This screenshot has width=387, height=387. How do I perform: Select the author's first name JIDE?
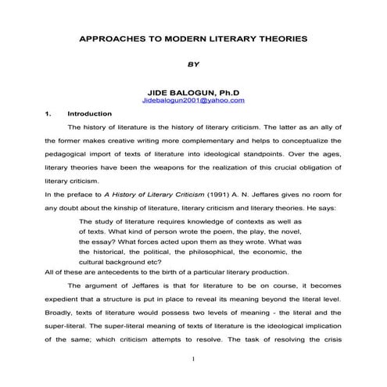click(x=149, y=93)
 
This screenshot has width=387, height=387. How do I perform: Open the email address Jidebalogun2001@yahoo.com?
click(x=194, y=101)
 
